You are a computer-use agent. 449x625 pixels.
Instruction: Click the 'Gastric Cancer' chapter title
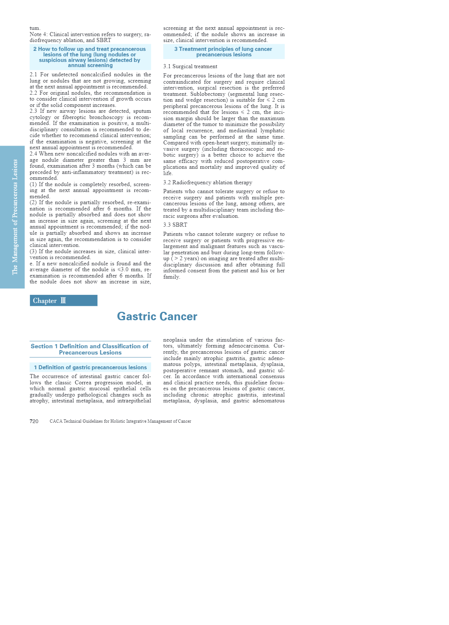pos(157,317)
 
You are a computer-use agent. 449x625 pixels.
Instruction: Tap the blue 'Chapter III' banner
pos(63,301)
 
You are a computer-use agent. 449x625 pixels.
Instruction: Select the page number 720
pos(34,421)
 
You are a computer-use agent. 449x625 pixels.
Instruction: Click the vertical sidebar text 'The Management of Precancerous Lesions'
pos(15,217)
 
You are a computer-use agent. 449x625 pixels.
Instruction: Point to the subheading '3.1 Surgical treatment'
pos(190,67)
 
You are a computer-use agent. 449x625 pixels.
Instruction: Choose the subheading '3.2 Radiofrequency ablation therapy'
pos(208,183)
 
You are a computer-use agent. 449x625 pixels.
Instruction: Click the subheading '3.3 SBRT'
pos(175,225)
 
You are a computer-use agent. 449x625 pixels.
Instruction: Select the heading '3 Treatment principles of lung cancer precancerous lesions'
pos(223,52)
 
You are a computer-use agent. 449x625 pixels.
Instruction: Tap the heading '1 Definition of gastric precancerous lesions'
pos(90,367)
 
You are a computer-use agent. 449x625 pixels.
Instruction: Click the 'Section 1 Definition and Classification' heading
pos(90,349)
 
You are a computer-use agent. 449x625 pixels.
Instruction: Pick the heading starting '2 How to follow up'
pos(90,57)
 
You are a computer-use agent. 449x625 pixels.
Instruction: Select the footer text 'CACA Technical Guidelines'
pos(120,421)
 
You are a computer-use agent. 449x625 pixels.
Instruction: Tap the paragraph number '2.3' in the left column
pos(34,111)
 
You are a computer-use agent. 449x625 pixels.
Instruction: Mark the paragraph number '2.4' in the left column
pos(34,154)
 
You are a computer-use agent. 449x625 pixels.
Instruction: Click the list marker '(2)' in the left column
pos(34,203)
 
